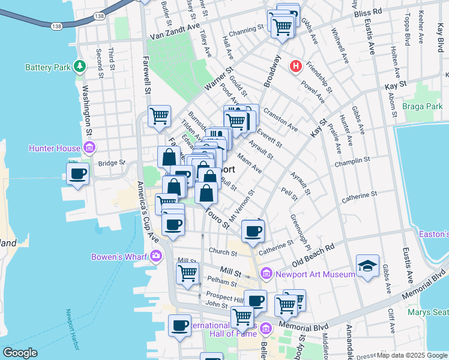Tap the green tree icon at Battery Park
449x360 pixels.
(79, 66)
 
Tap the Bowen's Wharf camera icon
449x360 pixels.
(157, 257)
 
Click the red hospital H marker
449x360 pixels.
(295, 66)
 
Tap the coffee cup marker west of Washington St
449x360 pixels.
(77, 174)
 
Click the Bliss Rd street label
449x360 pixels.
(367, 12)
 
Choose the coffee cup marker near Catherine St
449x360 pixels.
(253, 230)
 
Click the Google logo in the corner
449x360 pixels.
(20, 353)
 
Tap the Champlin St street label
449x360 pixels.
(355, 162)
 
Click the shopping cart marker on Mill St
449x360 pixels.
(187, 273)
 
